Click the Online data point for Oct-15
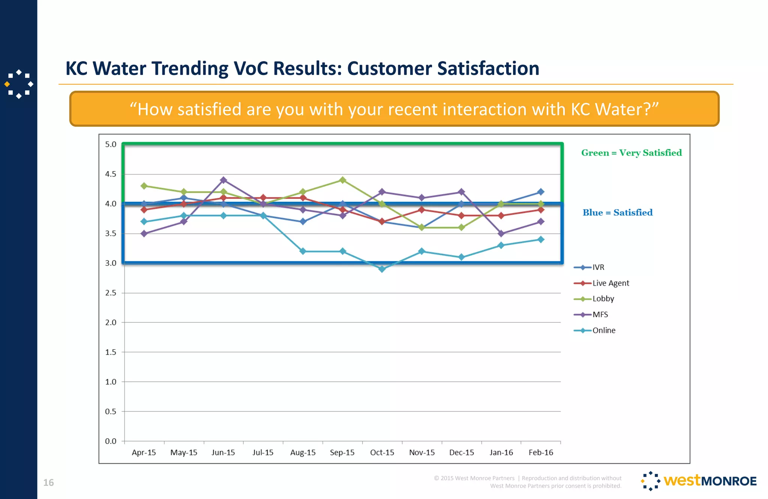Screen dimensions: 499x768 (382, 269)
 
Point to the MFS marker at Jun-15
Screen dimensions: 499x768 (223, 180)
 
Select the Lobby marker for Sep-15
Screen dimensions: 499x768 (342, 180)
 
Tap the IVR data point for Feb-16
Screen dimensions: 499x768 (541, 192)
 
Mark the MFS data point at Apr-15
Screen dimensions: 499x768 (144, 233)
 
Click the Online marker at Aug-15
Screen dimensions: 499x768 (303, 251)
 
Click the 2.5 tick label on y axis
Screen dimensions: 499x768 (111, 293)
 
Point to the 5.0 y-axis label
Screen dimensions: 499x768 (111, 144)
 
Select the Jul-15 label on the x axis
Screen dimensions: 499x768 (263, 453)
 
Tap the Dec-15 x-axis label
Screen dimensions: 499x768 (462, 453)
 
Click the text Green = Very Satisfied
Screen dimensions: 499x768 (631, 153)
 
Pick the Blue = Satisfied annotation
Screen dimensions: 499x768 (618, 213)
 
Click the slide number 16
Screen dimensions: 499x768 (48, 483)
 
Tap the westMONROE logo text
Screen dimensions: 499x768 (710, 481)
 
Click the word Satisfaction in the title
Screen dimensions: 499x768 (488, 69)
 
